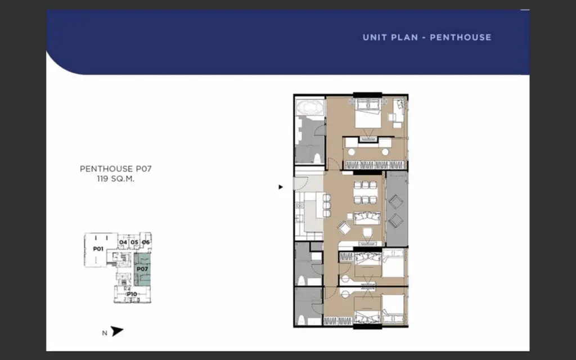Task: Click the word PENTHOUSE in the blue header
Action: [460, 37]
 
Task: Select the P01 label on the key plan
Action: [98, 249]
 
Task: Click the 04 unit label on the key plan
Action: [123, 242]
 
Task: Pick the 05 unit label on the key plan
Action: [134, 242]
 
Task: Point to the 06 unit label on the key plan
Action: [146, 242]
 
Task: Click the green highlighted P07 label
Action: [142, 269]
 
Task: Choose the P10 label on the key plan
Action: [132, 294]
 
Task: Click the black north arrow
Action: [117, 331]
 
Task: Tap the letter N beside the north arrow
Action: [105, 333]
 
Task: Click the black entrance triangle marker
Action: [281, 187]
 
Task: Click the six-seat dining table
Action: [366, 192]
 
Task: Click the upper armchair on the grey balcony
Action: [395, 201]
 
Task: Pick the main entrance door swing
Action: [300, 183]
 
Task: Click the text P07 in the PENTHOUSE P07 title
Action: [143, 169]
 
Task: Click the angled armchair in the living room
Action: [345, 227]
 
